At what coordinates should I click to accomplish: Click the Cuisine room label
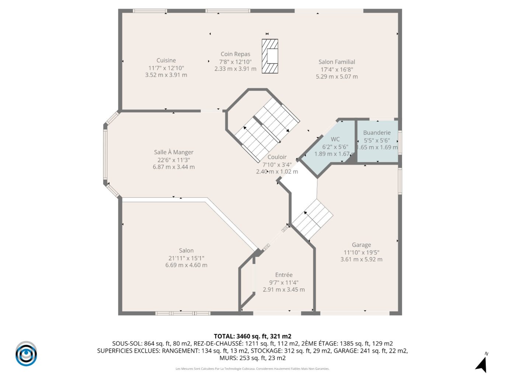(x=166, y=60)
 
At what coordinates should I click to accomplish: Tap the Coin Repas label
(x=235, y=54)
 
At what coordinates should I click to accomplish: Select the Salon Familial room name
(x=337, y=62)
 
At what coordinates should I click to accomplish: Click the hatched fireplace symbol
(x=270, y=56)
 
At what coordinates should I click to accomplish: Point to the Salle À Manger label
(x=174, y=152)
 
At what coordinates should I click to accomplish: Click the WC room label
(x=335, y=139)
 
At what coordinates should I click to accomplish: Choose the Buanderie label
(x=377, y=133)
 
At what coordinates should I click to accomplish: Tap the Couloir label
(x=277, y=157)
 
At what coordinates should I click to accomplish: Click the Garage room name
(x=361, y=245)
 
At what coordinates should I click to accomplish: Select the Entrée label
(x=284, y=275)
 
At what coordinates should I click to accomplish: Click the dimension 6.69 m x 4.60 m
(x=186, y=265)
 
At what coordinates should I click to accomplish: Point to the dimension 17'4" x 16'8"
(x=337, y=69)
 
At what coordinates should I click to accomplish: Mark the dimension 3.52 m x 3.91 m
(x=166, y=75)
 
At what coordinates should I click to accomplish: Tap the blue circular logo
(x=26, y=354)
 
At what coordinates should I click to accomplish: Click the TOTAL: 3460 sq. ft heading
(x=252, y=336)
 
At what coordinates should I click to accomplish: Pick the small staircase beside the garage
(x=313, y=219)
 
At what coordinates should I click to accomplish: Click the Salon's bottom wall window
(x=182, y=313)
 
